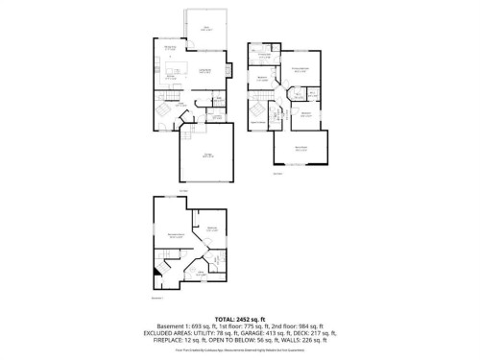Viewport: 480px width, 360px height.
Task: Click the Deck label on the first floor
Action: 205,28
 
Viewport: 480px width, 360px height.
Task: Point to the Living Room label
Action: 204,72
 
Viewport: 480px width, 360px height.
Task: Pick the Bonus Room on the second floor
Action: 300,150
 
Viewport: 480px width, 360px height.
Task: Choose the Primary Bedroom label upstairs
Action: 300,68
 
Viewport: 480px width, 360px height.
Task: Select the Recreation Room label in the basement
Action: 176,235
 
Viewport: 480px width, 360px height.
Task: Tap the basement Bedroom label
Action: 210,229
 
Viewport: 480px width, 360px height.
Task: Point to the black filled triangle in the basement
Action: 154,270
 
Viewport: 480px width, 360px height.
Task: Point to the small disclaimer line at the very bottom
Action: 239,351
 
